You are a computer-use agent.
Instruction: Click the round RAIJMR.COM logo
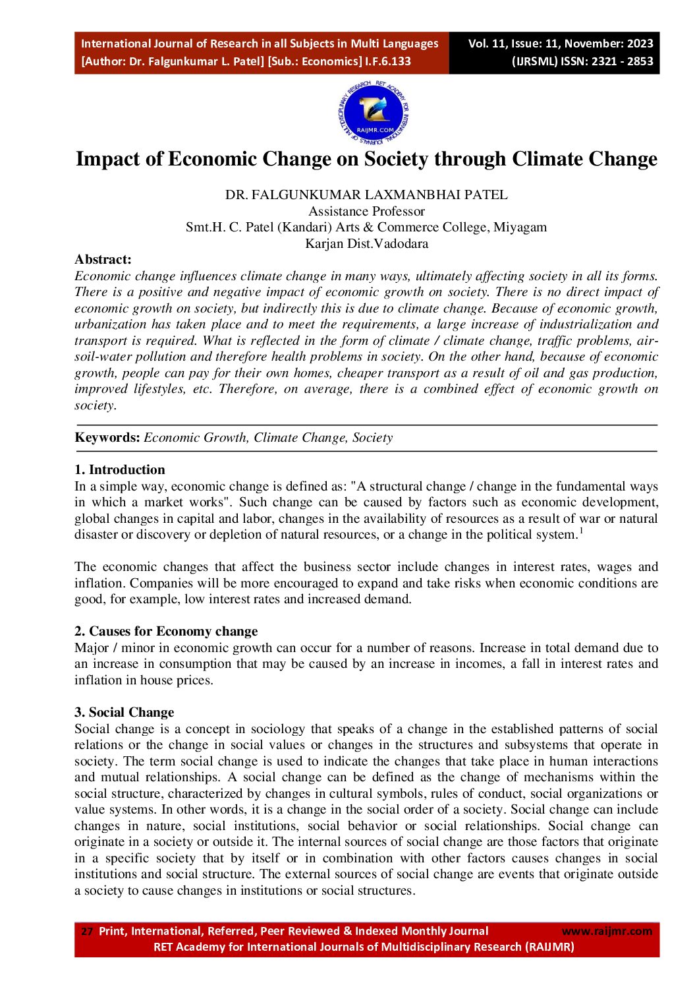[374, 113]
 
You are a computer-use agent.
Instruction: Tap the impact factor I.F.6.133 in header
[388, 61]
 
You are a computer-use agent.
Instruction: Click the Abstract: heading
[103, 259]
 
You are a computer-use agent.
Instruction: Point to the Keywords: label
[107, 438]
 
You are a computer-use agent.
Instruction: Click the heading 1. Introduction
[120, 469]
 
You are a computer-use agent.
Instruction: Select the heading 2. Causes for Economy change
[166, 631]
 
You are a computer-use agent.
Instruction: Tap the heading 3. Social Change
[124, 712]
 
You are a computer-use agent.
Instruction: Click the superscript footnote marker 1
[581, 531]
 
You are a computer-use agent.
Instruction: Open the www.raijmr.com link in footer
[606, 931]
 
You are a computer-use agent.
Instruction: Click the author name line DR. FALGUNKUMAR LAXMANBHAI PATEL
[366, 195]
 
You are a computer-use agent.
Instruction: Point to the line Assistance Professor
[366, 211]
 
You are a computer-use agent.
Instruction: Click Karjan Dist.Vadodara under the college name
[366, 243]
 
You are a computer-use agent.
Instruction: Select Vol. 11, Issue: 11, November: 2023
[561, 44]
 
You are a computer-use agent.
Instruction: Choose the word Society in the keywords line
[372, 438]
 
